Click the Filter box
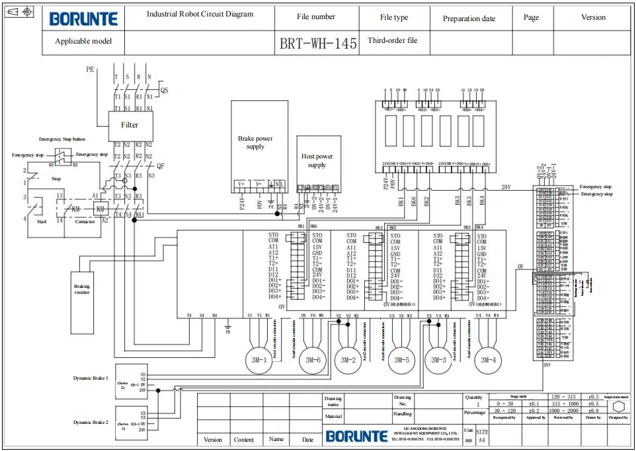point(130,125)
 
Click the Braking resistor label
point(82,289)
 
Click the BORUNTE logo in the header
point(83,18)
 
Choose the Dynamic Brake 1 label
point(91,378)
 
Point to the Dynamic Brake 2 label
point(91,421)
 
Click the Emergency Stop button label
point(61,139)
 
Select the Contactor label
point(85,221)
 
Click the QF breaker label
point(159,166)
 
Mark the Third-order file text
point(393,40)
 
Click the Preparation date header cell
point(469,18)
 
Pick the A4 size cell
point(482,439)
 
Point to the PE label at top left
point(90,69)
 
